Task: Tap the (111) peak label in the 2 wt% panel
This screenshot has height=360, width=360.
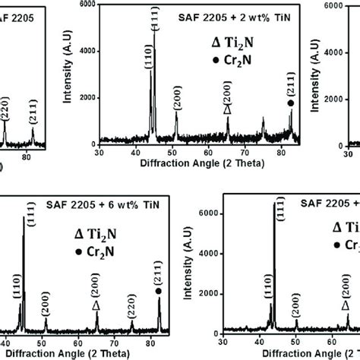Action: coord(155,17)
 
